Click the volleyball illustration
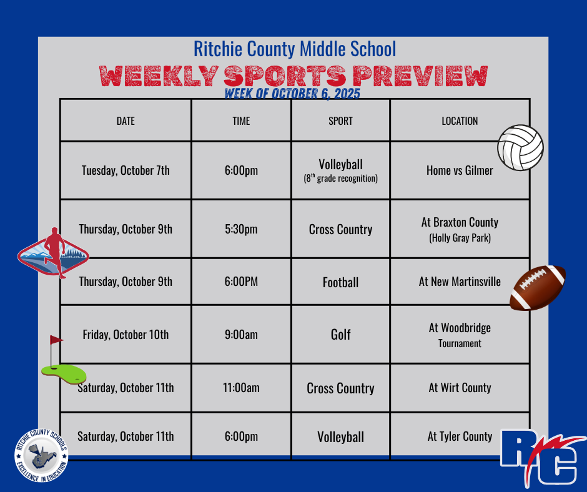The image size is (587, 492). tap(520, 147)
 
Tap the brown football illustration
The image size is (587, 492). tap(538, 288)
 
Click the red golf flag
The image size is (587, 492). tap(56, 340)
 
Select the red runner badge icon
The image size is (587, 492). tap(53, 253)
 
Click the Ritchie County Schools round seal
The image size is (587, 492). tap(41, 455)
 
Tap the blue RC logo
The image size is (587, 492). tap(543, 458)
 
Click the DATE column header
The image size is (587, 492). tap(126, 121)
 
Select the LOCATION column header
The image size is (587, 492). tap(460, 121)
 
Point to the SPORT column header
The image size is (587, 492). tap(340, 121)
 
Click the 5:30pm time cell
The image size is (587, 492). tap(241, 229)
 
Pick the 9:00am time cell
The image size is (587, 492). tap(241, 335)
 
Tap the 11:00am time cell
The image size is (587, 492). tap(241, 388)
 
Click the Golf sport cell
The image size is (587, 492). tap(341, 335)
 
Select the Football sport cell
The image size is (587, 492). tap(341, 282)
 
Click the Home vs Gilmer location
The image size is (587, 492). tap(460, 170)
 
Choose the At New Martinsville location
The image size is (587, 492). tap(460, 282)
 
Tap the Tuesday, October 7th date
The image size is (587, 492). tap(126, 170)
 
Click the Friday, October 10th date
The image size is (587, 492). tap(126, 335)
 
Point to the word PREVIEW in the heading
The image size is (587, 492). tap(420, 76)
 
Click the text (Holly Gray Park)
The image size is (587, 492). tap(460, 238)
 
